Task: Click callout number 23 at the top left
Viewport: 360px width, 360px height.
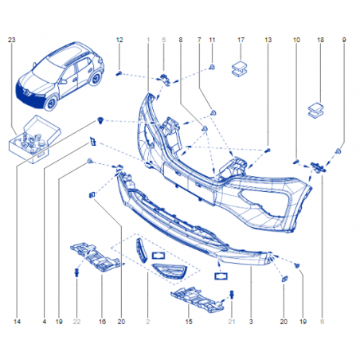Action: coord(12,40)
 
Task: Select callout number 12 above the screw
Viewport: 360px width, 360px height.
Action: coord(119,40)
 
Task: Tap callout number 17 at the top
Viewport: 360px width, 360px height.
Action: coord(241,40)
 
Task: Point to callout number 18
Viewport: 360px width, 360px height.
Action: coord(320,40)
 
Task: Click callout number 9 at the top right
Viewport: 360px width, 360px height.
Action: coord(344,40)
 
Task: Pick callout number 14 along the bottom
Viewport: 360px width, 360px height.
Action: coord(17,322)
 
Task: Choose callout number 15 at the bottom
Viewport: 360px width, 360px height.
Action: coord(189,322)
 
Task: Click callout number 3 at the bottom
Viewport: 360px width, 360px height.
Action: coord(251,322)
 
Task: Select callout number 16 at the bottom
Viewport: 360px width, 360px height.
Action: coord(102,322)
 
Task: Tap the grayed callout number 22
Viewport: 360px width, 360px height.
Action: coord(76,322)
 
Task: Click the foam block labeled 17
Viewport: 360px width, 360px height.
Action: coord(239,69)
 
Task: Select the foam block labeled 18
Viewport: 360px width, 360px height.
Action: coord(315,111)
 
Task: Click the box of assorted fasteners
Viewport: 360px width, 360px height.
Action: coord(34,139)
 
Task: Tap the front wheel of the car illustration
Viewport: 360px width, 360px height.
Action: coord(51,104)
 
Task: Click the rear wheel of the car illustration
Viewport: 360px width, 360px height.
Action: coord(96,78)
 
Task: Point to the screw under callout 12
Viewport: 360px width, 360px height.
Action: coord(119,73)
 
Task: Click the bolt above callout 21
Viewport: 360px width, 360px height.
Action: coord(232,294)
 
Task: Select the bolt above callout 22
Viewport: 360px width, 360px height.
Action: coord(76,272)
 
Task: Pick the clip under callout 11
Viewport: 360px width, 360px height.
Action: coord(212,67)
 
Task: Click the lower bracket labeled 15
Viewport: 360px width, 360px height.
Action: coord(198,299)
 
